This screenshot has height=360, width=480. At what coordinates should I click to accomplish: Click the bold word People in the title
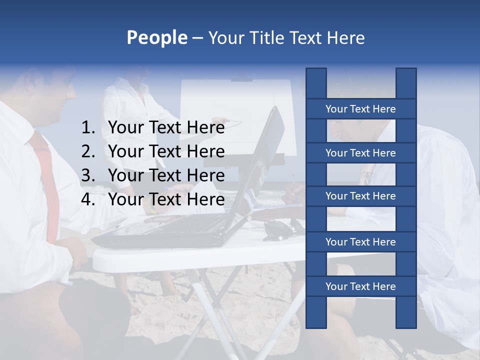coord(156,37)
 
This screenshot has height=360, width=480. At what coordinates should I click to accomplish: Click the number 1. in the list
coord(88,128)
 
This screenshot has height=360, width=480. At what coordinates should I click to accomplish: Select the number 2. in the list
coord(88,151)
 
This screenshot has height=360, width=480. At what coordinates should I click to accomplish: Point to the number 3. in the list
coord(88,175)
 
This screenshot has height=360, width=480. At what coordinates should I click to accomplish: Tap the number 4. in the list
coord(88,199)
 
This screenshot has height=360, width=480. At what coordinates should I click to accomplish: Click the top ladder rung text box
coord(360,109)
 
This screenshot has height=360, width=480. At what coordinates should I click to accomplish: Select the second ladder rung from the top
coord(360,153)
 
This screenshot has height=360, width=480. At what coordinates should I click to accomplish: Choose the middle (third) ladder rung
coord(360,196)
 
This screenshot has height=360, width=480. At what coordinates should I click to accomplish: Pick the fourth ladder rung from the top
coord(360,242)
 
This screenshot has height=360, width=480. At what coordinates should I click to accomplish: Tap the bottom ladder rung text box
coord(360,286)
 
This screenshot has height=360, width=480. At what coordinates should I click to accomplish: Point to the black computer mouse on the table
coord(276,229)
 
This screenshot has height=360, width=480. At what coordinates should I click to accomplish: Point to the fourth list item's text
coord(166,199)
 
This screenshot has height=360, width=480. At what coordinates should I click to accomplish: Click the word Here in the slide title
coord(345,38)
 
